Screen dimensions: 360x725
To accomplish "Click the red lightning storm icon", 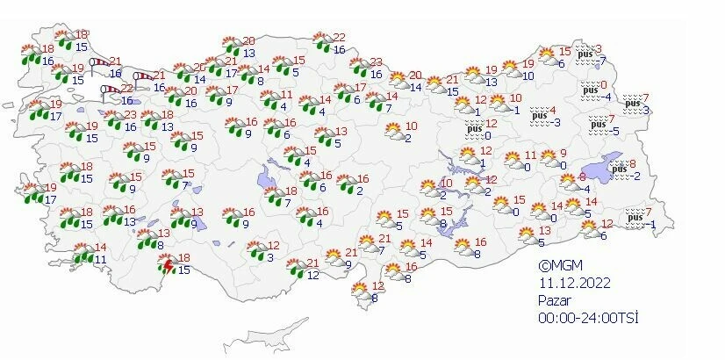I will [x=166, y=264].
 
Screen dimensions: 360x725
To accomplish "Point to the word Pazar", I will [x=555, y=299].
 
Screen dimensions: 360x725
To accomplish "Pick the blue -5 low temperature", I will [x=616, y=132].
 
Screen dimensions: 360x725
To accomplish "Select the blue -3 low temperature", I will [x=556, y=122].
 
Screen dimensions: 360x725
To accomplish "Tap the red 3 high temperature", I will [x=599, y=48].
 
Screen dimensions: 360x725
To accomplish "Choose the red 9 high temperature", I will [x=563, y=154].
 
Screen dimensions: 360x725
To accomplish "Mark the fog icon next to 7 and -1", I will [x=634, y=218].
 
